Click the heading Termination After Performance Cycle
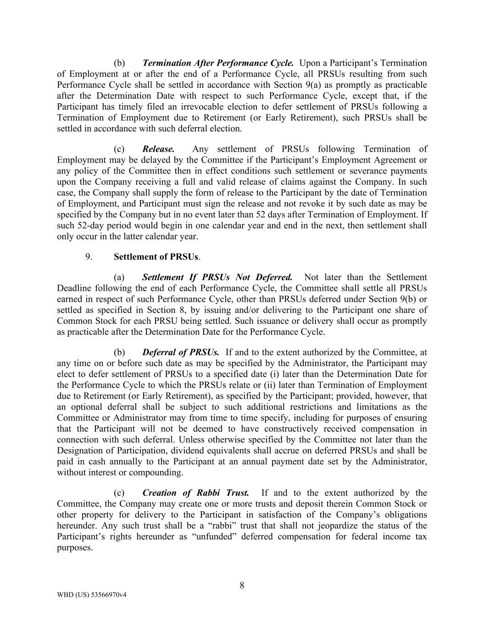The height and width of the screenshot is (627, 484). (x=218, y=63)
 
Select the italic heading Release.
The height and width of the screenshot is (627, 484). (x=158, y=149)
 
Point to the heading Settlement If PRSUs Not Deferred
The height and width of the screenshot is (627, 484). (x=217, y=277)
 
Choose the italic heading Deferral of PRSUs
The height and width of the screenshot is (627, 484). (x=180, y=352)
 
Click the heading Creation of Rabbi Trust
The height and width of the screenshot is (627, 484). (x=196, y=493)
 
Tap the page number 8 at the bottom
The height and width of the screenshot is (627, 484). (x=242, y=585)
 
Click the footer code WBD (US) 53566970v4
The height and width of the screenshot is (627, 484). (x=92, y=595)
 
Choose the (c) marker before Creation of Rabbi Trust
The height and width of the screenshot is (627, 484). (x=119, y=493)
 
